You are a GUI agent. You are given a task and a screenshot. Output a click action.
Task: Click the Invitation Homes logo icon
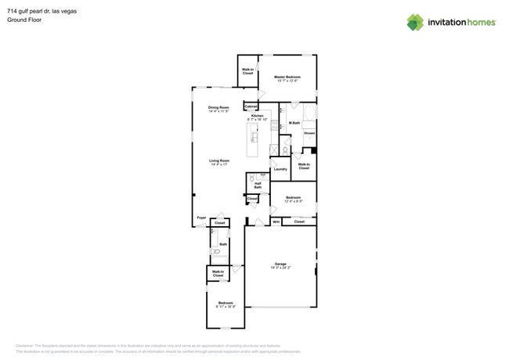tap(415, 22)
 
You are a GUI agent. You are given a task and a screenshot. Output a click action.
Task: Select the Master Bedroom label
tap(287, 78)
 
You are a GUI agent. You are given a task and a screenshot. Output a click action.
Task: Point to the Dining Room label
tap(218, 109)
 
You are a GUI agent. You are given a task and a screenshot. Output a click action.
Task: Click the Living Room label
tap(218, 162)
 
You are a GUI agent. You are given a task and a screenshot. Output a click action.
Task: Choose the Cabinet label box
tap(251, 106)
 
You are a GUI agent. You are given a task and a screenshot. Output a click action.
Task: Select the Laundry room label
tap(280, 169)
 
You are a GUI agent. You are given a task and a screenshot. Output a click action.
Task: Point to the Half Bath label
tap(258, 185)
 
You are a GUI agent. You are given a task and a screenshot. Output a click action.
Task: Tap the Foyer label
tap(201, 218)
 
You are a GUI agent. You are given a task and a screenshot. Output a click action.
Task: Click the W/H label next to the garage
tap(276, 222)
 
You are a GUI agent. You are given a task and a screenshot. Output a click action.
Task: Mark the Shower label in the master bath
tap(309, 133)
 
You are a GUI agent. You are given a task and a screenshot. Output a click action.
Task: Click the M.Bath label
tap(294, 123)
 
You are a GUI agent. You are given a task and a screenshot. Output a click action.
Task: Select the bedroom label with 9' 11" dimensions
tap(226, 304)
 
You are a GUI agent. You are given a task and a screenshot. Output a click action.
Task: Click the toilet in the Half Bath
tap(251, 178)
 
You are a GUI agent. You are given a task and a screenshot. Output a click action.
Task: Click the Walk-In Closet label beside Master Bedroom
tap(247, 71)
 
